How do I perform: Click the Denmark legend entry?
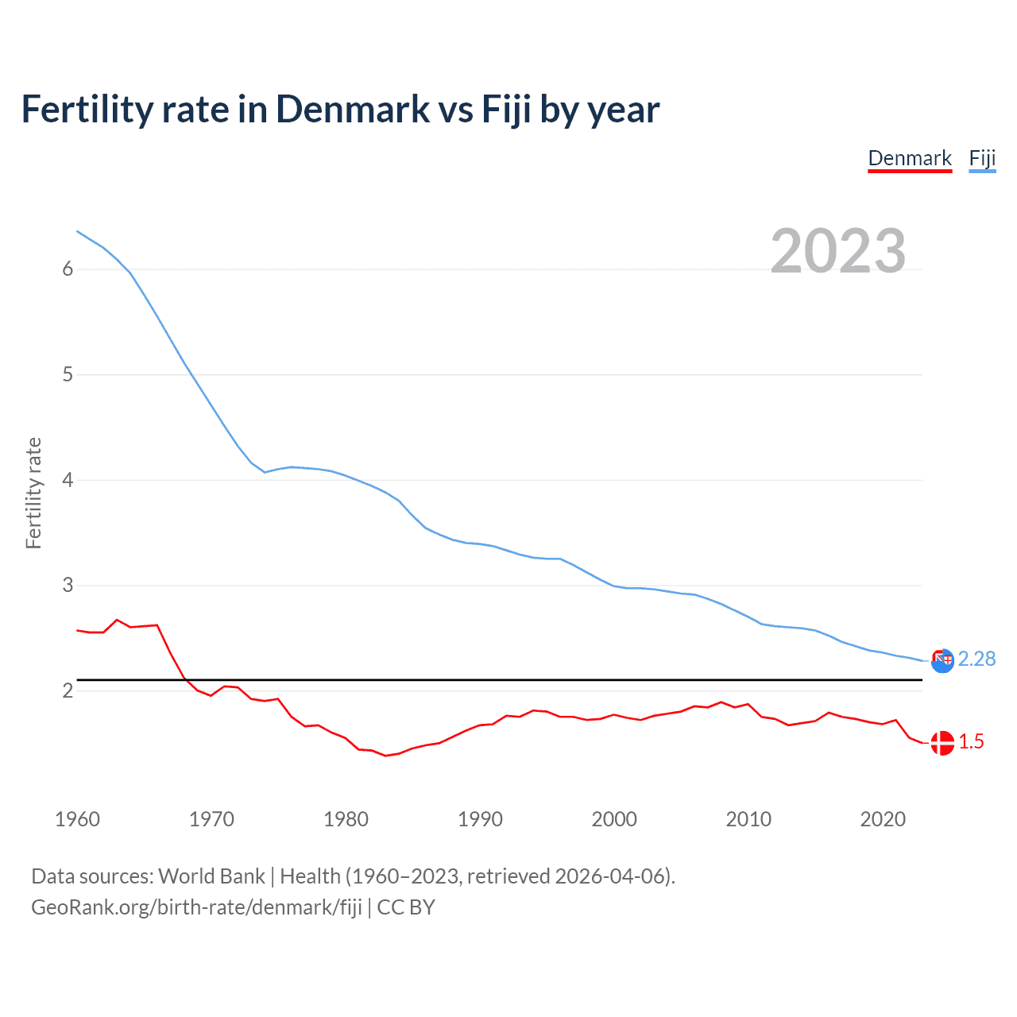(x=910, y=158)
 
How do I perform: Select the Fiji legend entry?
(x=982, y=158)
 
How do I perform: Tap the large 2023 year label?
(x=838, y=251)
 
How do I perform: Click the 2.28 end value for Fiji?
(x=976, y=659)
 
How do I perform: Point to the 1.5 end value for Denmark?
(x=971, y=741)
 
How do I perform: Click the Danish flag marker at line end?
(x=942, y=743)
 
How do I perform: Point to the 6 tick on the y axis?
(x=68, y=269)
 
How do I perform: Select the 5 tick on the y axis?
(x=68, y=374)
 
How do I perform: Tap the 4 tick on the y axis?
(x=68, y=480)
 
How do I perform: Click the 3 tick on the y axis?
(x=68, y=586)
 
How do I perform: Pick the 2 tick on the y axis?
(x=68, y=690)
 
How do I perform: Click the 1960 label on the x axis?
(x=77, y=819)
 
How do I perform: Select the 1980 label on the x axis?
(x=346, y=819)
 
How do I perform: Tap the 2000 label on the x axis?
(x=614, y=819)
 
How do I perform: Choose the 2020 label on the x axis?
(x=883, y=819)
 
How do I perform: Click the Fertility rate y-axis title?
(x=33, y=493)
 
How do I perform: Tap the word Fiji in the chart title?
(x=507, y=110)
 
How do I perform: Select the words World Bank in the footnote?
(x=211, y=876)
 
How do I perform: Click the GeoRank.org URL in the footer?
(x=196, y=907)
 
